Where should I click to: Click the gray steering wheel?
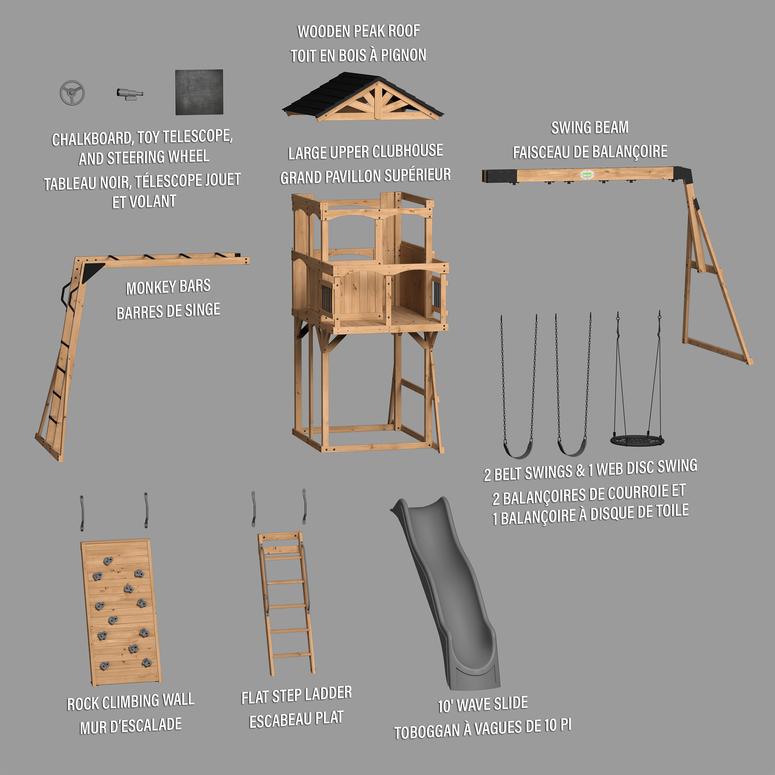click(x=72, y=93)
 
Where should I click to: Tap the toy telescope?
click(x=130, y=94)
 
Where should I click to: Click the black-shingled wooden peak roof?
click(x=363, y=97)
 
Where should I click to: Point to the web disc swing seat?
click(x=637, y=441)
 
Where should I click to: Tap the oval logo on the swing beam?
click(x=587, y=175)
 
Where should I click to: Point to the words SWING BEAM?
click(x=590, y=127)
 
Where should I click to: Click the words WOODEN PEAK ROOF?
click(x=359, y=31)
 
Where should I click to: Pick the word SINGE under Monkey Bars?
click(x=202, y=311)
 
